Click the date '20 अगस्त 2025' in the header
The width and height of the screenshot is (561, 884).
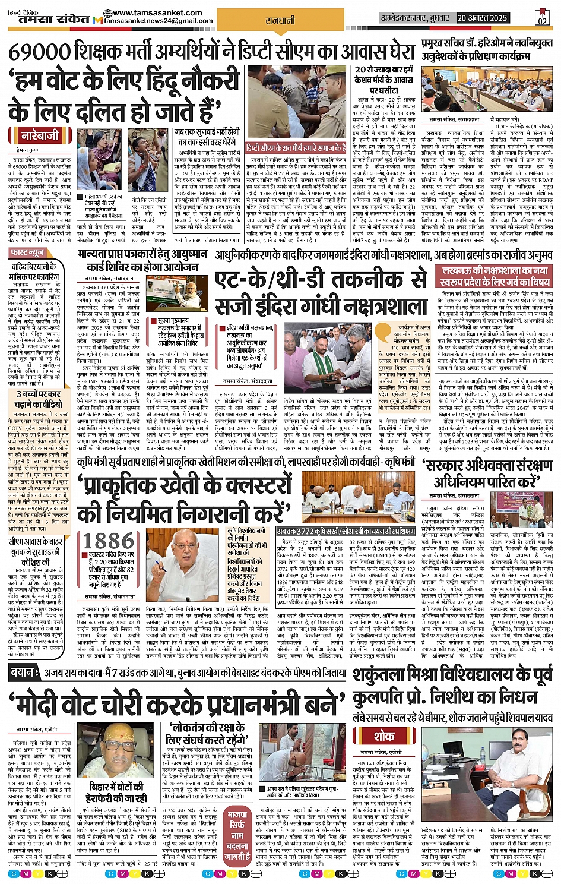481,18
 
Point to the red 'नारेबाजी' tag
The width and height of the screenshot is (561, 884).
40,135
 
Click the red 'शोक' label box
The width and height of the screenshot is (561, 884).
384,736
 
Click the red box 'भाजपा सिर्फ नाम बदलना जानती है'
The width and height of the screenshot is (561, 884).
237,835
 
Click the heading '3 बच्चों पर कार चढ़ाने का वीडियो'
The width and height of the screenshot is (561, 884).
38,399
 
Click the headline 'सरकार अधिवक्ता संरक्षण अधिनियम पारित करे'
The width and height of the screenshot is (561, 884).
485,473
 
